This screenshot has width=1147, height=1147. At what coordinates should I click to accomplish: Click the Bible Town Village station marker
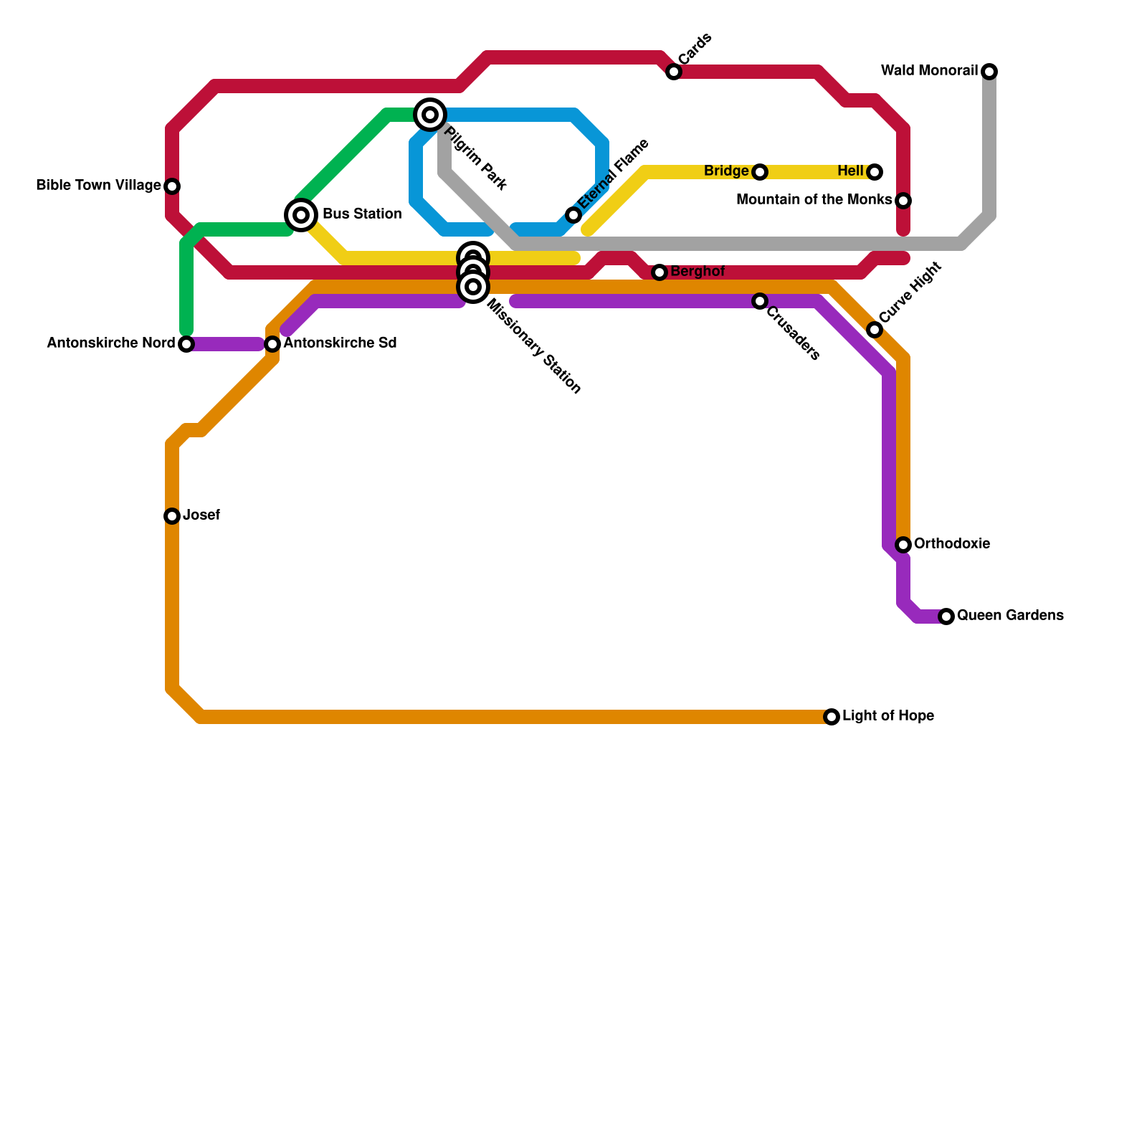tap(172, 186)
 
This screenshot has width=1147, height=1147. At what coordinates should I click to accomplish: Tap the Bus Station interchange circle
tap(301, 215)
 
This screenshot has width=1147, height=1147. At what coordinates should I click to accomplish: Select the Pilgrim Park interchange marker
tap(430, 115)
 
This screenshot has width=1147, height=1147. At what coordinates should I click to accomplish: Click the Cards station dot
tap(674, 72)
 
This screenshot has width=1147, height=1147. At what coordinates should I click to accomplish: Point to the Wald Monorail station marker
tap(989, 72)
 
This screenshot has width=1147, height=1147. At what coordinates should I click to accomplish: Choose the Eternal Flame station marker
tap(573, 215)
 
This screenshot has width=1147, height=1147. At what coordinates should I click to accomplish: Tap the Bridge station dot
tap(760, 172)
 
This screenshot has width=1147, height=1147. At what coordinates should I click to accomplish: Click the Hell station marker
tap(875, 172)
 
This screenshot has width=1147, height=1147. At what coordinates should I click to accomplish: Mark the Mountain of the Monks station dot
tap(903, 201)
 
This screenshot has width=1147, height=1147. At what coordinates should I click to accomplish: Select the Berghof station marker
tap(660, 272)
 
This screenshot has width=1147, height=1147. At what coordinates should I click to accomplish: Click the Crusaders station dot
tap(760, 301)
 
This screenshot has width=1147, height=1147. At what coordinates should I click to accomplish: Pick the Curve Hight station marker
tap(875, 330)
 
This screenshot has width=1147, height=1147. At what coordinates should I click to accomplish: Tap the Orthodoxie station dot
tap(903, 545)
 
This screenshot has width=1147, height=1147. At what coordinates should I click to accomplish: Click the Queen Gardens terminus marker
tap(946, 617)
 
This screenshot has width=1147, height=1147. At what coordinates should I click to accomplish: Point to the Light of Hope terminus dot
tap(832, 717)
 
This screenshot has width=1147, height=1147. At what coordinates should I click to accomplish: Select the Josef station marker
tap(172, 516)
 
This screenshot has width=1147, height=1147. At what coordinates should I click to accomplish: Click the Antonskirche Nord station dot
tap(186, 344)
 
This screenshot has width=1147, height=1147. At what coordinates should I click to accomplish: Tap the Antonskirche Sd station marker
tap(272, 344)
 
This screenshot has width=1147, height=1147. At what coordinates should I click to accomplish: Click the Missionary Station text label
tap(533, 347)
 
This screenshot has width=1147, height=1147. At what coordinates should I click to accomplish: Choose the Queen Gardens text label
tap(1010, 616)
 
